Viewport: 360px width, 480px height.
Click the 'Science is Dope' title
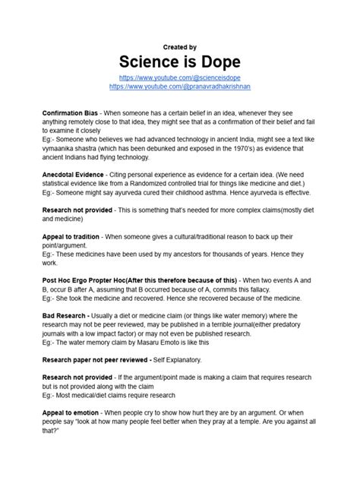tap(180, 62)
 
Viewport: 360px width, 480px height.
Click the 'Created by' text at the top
tap(180, 46)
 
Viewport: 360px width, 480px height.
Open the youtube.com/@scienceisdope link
tap(180, 78)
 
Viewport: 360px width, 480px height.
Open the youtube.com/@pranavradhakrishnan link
tap(180, 87)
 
